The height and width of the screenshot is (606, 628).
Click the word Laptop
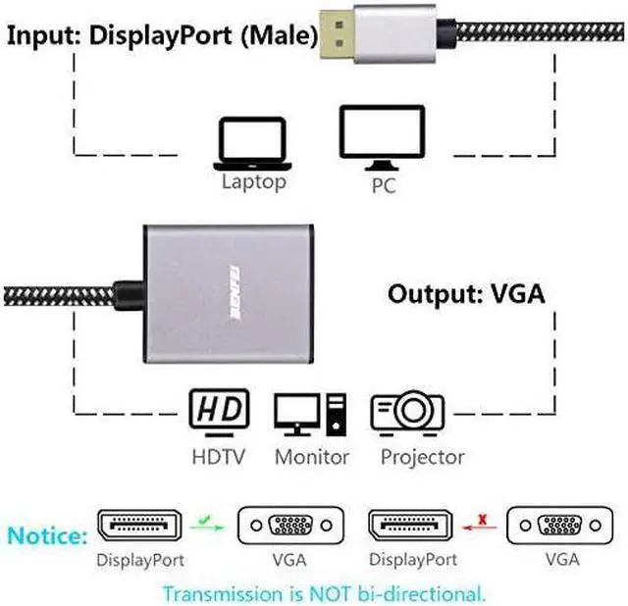(253, 181)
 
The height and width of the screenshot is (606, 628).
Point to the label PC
(383, 184)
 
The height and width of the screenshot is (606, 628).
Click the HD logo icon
(219, 412)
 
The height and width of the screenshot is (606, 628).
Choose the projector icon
(407, 413)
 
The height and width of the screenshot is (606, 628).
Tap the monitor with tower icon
(310, 413)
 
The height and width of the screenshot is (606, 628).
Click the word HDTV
(219, 456)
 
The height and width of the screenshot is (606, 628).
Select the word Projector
(422, 456)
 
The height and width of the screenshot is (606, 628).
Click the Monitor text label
(312, 456)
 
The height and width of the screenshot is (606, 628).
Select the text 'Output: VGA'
(466, 293)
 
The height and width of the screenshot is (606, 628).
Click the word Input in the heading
(44, 37)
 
